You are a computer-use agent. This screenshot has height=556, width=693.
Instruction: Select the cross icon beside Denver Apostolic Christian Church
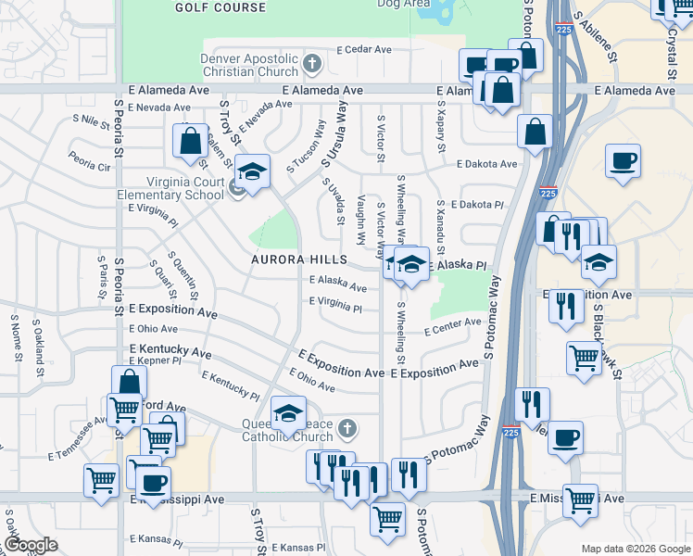(x=312, y=64)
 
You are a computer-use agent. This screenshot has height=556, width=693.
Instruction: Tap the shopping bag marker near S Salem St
(x=190, y=142)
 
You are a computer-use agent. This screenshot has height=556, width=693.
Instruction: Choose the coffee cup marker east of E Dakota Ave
(x=623, y=160)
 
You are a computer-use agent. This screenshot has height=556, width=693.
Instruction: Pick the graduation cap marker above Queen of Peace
(x=288, y=411)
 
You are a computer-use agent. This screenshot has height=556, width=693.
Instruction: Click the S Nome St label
(x=16, y=337)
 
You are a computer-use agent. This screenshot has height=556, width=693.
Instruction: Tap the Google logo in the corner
(x=31, y=545)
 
